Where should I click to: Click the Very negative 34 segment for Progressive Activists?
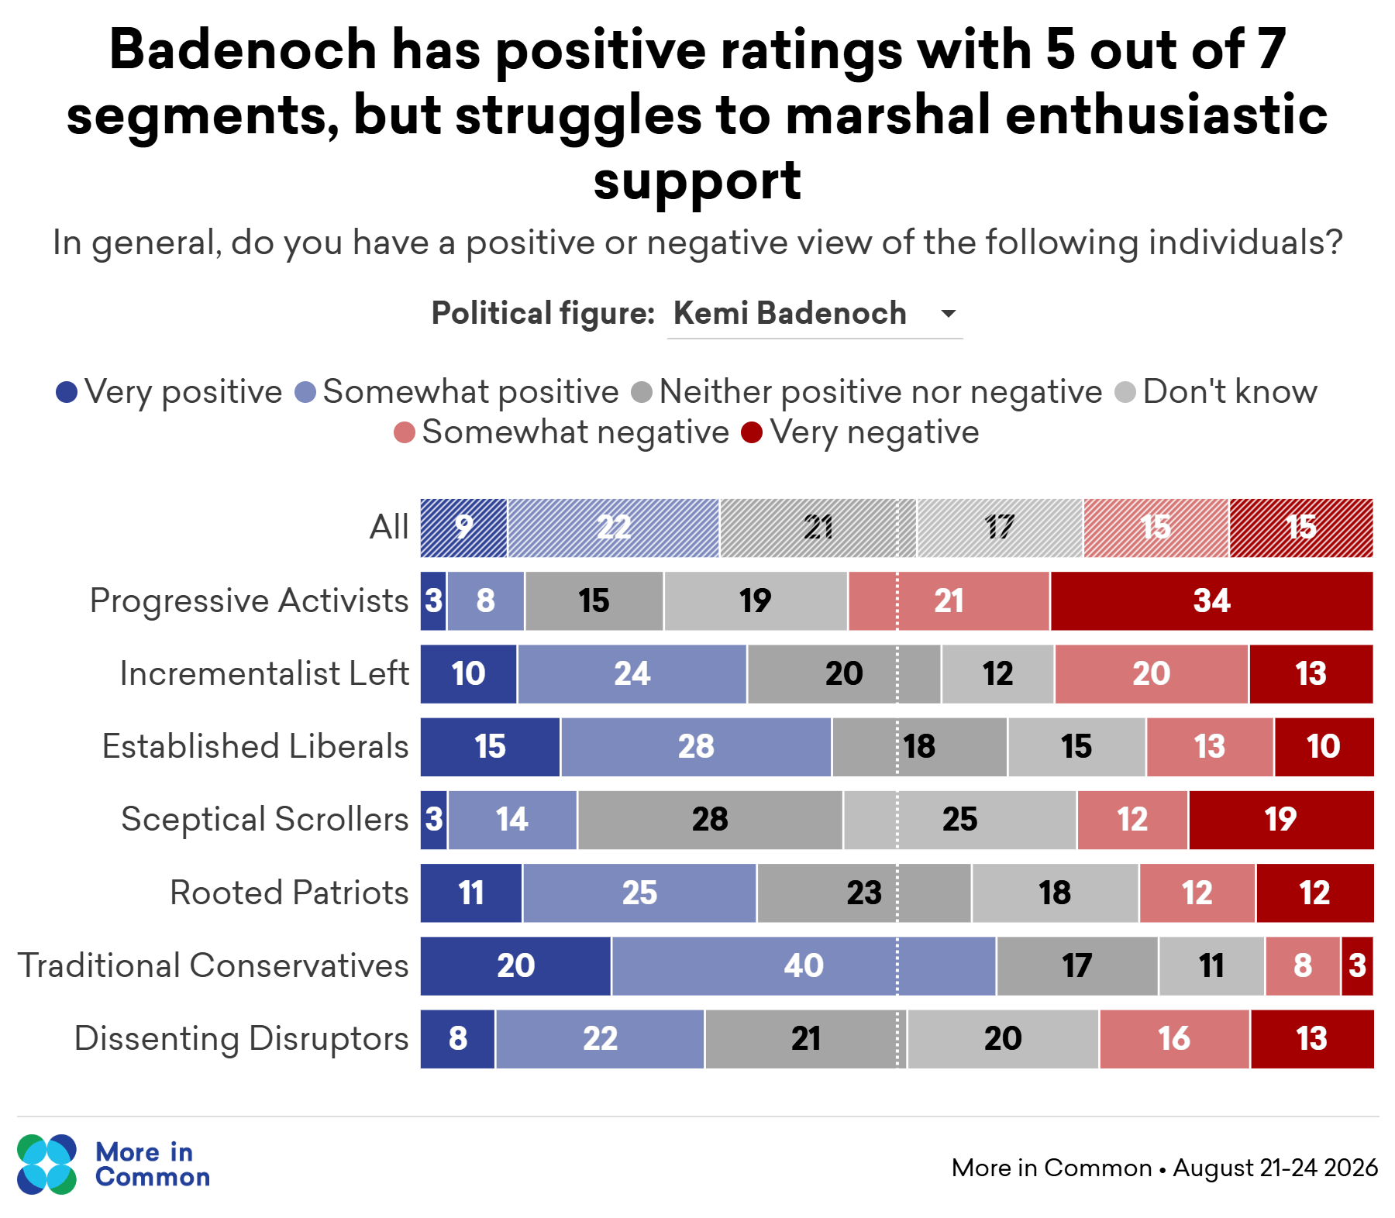[1212, 601]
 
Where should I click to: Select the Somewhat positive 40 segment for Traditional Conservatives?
[804, 966]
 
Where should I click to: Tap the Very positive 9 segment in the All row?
[463, 528]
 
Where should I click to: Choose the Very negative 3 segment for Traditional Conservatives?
[1358, 966]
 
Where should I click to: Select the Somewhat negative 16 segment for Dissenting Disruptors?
[1175, 1039]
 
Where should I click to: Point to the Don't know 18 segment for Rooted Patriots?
[1056, 893]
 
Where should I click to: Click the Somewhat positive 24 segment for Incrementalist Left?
[632, 674]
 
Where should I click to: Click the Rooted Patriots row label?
[289, 893]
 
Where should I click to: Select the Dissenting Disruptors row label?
[241, 1039]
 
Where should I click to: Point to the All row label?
[389, 528]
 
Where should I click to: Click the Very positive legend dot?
[67, 393]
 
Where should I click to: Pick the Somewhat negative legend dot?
[405, 432]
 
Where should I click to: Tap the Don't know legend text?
[1230, 392]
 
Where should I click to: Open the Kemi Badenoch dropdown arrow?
[948, 314]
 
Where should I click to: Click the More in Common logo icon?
[47, 1165]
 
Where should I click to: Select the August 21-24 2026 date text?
[1276, 1168]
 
